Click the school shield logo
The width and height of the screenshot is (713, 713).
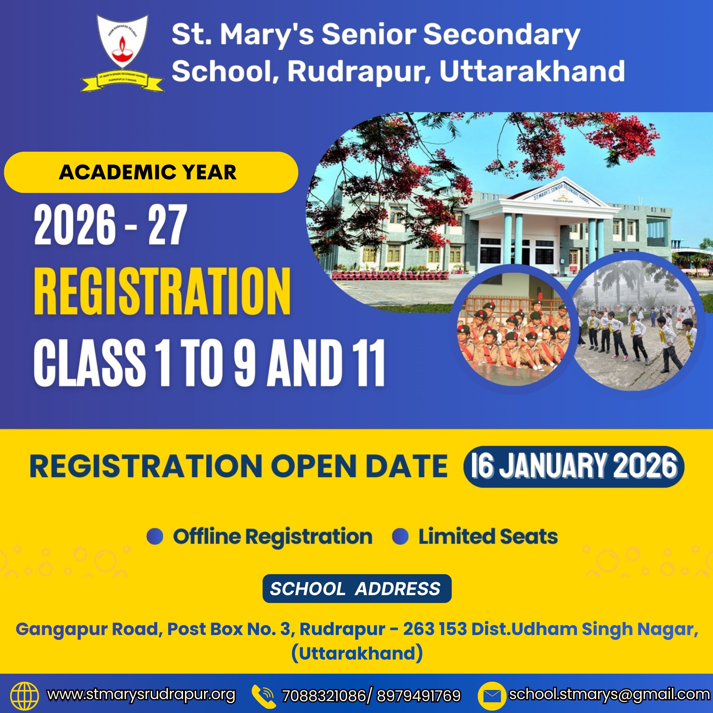pyautogui.click(x=122, y=53)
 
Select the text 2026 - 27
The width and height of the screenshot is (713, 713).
pyautogui.click(x=110, y=225)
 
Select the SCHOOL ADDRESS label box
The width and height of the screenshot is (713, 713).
pyautogui.click(x=357, y=588)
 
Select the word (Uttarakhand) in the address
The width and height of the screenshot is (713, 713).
pyautogui.click(x=357, y=653)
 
